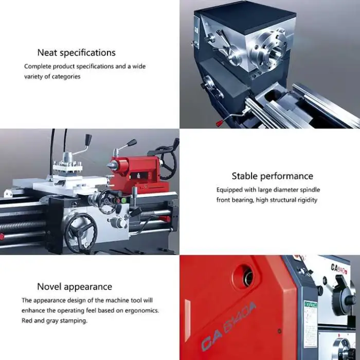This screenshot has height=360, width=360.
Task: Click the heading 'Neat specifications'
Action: (77, 53)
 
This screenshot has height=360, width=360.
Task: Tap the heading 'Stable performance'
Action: (272, 176)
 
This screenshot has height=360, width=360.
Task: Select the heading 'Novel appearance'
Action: (75, 287)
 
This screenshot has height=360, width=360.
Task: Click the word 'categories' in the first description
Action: (66, 77)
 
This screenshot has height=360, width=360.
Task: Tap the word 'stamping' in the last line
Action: (76, 321)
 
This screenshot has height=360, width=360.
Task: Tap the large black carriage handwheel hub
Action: (80, 232)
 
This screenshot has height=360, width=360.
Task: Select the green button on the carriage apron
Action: (124, 201)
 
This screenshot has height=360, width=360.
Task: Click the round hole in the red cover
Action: (246, 277)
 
